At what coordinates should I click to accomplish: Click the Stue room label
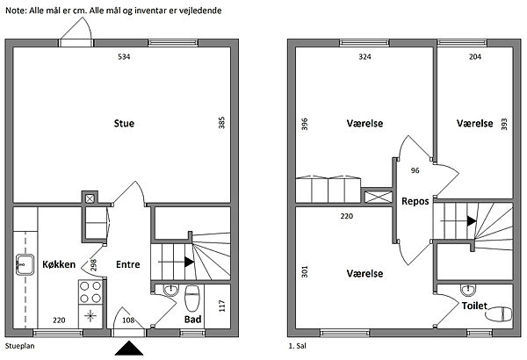click(x=124, y=124)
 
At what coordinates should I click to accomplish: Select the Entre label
click(x=129, y=263)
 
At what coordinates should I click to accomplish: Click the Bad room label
click(x=193, y=319)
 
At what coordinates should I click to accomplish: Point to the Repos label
click(x=415, y=201)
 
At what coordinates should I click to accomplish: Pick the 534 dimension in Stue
click(x=124, y=58)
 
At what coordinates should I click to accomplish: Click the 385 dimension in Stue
click(x=220, y=125)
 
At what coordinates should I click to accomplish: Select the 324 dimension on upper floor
click(x=365, y=58)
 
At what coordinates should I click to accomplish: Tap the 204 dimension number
click(x=473, y=58)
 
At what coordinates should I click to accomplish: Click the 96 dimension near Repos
click(x=415, y=170)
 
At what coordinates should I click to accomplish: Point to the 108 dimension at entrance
click(x=129, y=320)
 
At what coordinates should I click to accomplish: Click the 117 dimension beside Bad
click(x=220, y=308)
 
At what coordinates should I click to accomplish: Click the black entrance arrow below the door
click(x=129, y=349)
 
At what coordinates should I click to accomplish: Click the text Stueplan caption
click(x=19, y=349)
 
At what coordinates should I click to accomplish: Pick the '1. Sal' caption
click(x=298, y=349)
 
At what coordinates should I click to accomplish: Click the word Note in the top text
click(x=17, y=10)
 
